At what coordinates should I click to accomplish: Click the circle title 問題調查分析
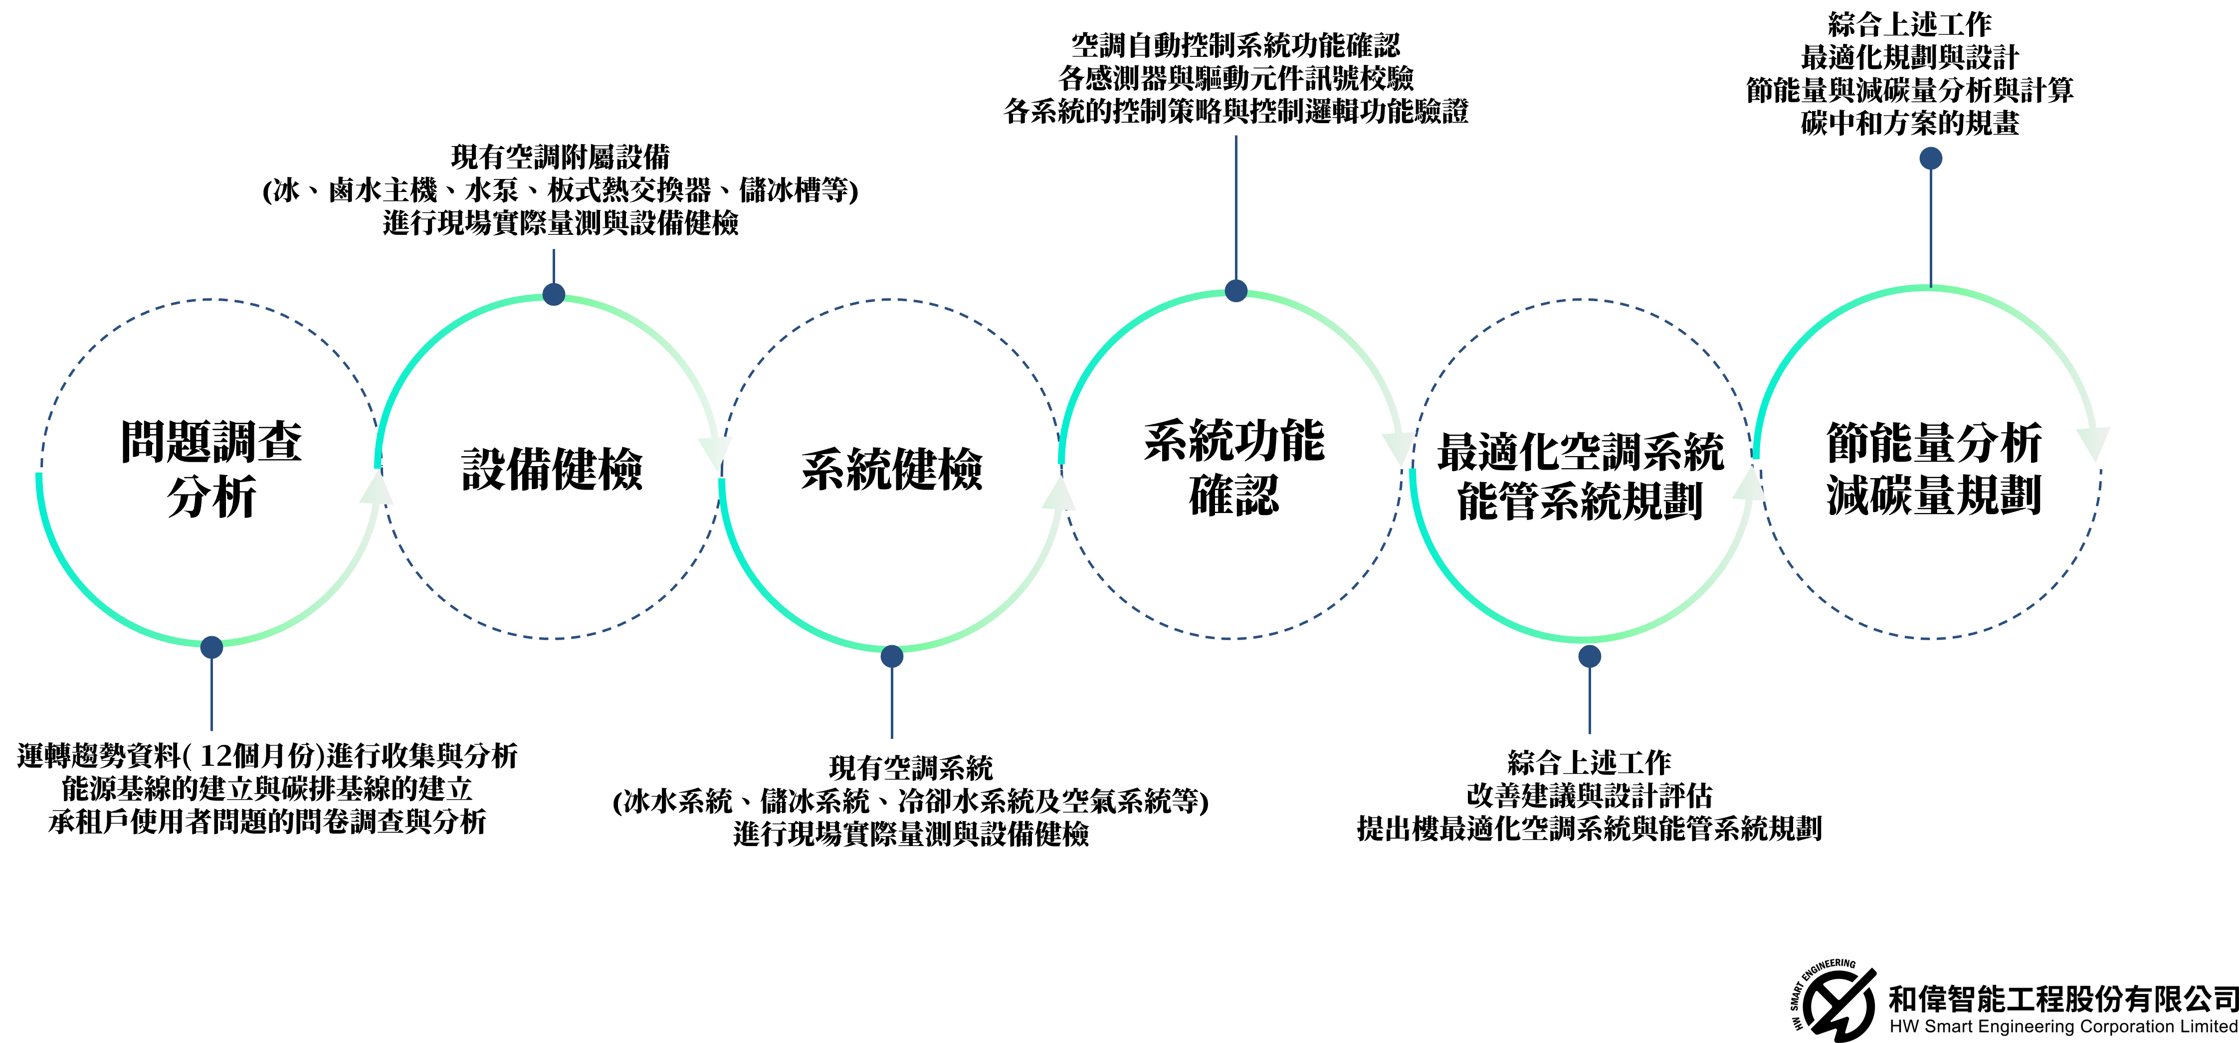pyautogui.click(x=211, y=469)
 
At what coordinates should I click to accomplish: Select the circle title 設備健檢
pyautogui.click(x=552, y=469)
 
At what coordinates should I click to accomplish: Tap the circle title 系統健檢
pyautogui.click(x=892, y=469)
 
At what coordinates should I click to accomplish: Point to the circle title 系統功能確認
pyautogui.click(x=1234, y=468)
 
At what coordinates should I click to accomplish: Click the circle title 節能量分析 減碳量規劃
pyautogui.click(x=1934, y=469)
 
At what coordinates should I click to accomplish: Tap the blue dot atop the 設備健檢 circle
pyautogui.click(x=554, y=294)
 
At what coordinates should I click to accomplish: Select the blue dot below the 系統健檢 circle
pyautogui.click(x=892, y=656)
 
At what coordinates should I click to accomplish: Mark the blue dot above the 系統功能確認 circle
pyautogui.click(x=1236, y=290)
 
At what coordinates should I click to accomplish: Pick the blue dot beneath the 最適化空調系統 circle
pyautogui.click(x=1590, y=656)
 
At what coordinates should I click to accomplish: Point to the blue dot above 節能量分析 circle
pyautogui.click(x=1930, y=158)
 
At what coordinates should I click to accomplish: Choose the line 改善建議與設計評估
pyautogui.click(x=1589, y=795)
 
